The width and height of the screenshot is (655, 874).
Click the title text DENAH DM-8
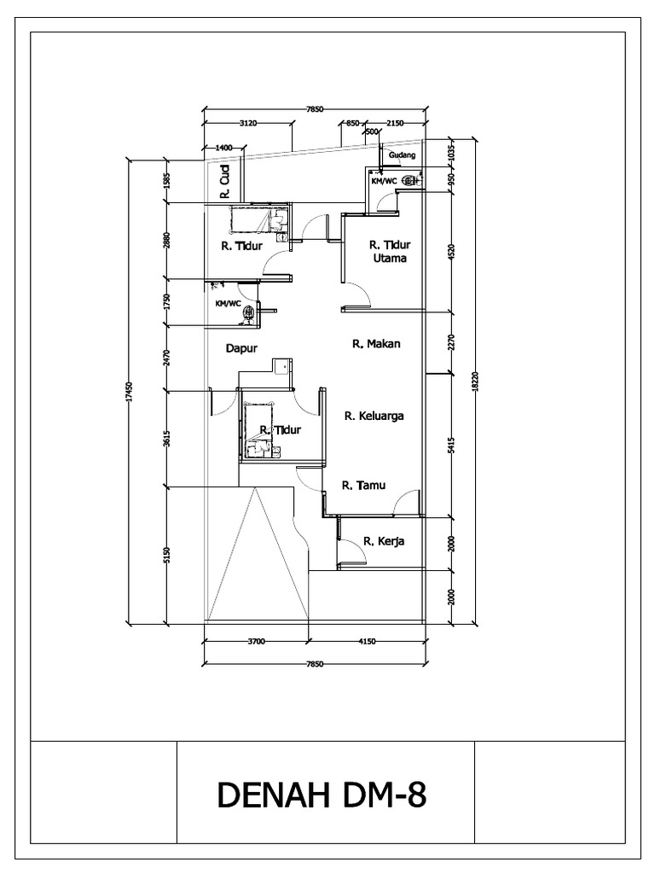pyautogui.click(x=322, y=795)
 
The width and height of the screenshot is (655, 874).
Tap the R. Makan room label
pyautogui.click(x=376, y=344)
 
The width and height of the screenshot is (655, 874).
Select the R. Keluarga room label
pyautogui.click(x=374, y=417)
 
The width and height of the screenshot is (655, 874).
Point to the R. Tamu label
pyautogui.click(x=363, y=486)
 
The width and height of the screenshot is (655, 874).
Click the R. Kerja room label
pyautogui.click(x=383, y=541)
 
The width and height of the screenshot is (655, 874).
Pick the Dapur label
pyautogui.click(x=241, y=348)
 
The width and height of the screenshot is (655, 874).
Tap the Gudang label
pyautogui.click(x=402, y=155)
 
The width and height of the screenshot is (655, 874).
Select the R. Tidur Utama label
pyautogui.click(x=387, y=251)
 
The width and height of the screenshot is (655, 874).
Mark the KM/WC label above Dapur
pyautogui.click(x=227, y=303)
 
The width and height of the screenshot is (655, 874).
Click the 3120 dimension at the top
pyautogui.click(x=247, y=123)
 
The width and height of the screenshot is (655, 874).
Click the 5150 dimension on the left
pyautogui.click(x=168, y=555)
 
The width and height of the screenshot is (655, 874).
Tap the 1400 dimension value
pyautogui.click(x=223, y=148)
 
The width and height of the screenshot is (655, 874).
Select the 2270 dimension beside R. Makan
pyautogui.click(x=450, y=341)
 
